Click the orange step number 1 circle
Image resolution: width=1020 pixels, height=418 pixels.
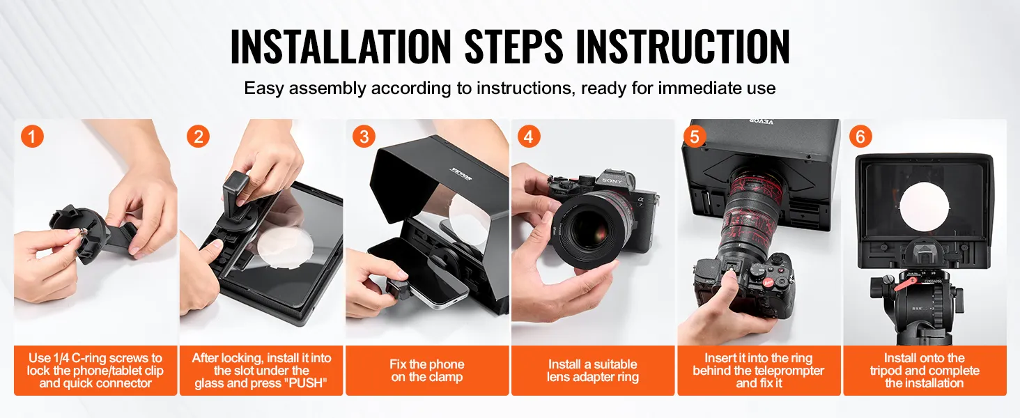coord(32,136)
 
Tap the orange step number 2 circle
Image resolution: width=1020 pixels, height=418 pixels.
coord(198,136)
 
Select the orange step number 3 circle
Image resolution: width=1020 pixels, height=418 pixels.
coord(364,136)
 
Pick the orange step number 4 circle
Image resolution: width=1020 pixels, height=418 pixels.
coord(529,136)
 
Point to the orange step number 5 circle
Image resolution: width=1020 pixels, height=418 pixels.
coord(695,136)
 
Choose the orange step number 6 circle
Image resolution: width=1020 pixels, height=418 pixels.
coord(860,136)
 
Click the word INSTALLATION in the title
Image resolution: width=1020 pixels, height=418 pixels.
coord(341,47)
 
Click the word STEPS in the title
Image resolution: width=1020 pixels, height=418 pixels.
coord(513,47)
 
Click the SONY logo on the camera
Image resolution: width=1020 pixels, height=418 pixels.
coord(612,180)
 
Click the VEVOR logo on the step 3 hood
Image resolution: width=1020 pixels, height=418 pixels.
coord(461,173)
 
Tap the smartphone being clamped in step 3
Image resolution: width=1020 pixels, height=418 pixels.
coord(419,274)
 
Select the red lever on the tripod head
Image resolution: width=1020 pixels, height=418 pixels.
coord(907,284)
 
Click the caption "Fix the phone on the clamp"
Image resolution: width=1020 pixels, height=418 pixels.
coord(426,371)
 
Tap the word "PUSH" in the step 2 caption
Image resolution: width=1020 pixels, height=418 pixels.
coord(306,383)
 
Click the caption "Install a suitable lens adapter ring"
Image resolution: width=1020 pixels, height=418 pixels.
coord(593,371)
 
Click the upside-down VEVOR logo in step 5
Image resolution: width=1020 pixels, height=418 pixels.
coord(762,122)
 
